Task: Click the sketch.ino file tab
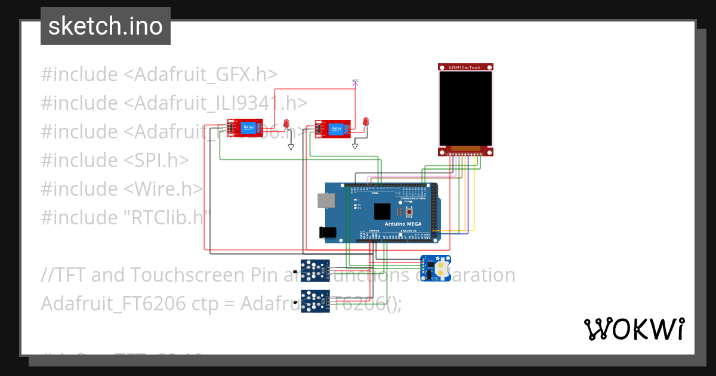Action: point(105,26)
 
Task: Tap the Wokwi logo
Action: point(634,329)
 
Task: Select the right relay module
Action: point(332,129)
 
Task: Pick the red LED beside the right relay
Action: point(366,122)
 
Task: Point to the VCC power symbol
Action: point(355,82)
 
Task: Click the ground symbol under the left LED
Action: point(291,147)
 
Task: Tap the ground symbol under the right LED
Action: point(355,145)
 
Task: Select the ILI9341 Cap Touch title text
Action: point(465,67)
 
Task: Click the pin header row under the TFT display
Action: point(465,155)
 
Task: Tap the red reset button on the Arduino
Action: point(409,211)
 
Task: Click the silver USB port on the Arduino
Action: point(326,201)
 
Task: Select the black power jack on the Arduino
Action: point(328,233)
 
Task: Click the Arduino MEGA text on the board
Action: point(403,224)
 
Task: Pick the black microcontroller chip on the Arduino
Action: point(382,211)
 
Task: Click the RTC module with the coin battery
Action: point(436,267)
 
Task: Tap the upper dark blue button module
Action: point(314,270)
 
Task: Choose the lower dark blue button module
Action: point(314,300)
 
